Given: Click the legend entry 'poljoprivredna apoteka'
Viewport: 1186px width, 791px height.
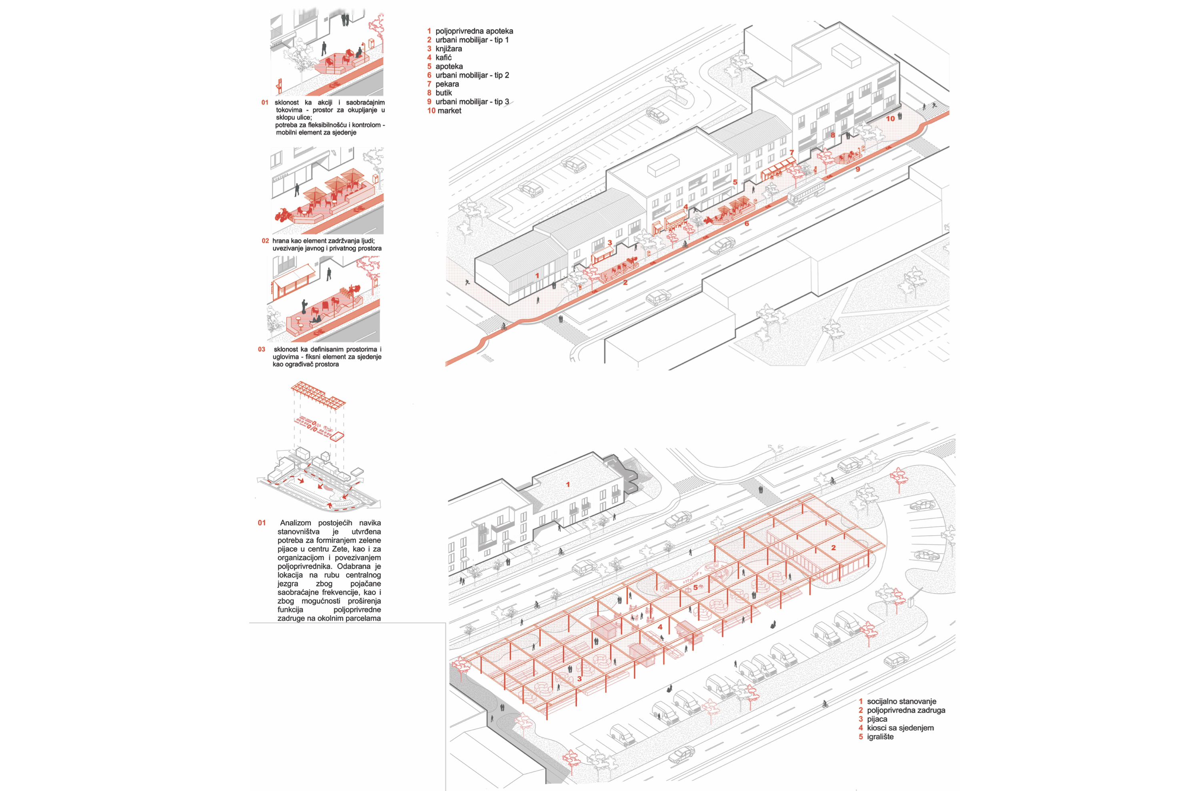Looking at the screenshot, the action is tap(475, 31).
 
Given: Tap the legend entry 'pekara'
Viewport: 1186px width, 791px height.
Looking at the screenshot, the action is tap(447, 84).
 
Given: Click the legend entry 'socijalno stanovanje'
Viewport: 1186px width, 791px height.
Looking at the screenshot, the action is tap(902, 702).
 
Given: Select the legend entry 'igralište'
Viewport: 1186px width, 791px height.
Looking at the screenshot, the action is tap(880, 737).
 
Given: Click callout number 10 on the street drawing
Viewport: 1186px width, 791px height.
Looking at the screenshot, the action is tap(891, 119).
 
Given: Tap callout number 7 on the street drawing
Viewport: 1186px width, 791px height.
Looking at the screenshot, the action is tap(792, 153).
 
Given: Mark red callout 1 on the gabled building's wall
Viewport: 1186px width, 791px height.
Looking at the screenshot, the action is tap(537, 276).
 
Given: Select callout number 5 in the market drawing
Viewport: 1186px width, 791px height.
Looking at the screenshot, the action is tap(695, 588).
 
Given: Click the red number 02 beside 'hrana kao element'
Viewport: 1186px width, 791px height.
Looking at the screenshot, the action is tap(265, 241).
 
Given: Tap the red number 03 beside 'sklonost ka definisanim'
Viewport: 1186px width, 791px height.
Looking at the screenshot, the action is tap(262, 349).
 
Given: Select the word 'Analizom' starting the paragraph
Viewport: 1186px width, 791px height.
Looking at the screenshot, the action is tap(296, 523).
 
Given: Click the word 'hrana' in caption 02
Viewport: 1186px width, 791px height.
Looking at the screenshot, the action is tap(281, 241).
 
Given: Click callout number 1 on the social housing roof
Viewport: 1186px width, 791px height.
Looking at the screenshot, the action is tap(568, 485).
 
